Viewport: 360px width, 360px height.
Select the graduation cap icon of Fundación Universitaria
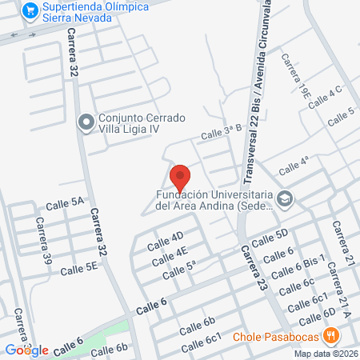point(286,199)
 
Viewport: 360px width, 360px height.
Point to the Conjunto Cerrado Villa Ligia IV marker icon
point(86,122)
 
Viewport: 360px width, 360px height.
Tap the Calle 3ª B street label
point(221,134)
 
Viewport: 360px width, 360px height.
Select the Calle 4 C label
point(324,96)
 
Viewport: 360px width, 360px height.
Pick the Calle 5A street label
point(66,203)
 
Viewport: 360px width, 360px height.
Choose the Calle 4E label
point(172,256)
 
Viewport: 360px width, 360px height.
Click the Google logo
point(27,350)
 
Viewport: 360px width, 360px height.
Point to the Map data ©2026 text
point(325,354)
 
